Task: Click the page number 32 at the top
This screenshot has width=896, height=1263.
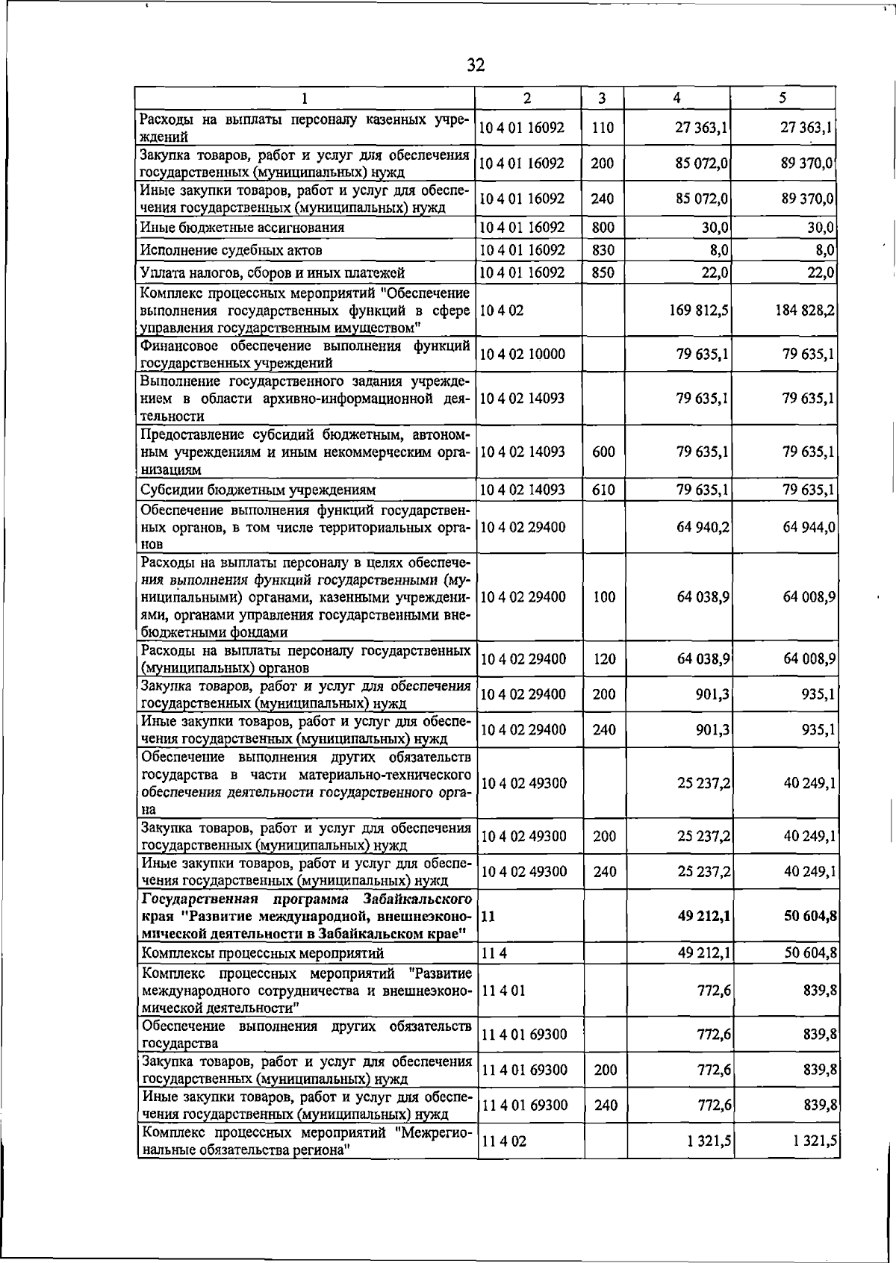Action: (x=476, y=66)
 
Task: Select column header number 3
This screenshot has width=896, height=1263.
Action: (x=602, y=98)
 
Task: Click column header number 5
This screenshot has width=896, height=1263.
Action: (x=782, y=98)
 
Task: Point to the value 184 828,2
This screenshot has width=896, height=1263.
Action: (x=804, y=310)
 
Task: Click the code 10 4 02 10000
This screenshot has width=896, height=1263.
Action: (x=522, y=354)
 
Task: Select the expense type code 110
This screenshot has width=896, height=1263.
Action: (x=602, y=128)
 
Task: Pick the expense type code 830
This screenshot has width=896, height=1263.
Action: (x=603, y=250)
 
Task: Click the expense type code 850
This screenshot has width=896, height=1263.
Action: (x=603, y=273)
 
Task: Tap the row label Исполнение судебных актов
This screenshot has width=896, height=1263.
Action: (x=232, y=251)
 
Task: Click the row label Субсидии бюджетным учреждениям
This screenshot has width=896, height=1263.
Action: (x=258, y=490)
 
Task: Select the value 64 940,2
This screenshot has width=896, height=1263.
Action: (x=703, y=527)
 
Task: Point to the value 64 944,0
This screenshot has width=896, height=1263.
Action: (x=809, y=527)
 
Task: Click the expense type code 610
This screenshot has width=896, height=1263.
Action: (x=603, y=490)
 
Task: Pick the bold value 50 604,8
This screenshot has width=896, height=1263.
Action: (x=809, y=916)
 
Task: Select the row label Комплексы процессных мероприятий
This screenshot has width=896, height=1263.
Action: (x=263, y=954)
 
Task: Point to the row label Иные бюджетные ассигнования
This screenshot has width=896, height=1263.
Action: (x=243, y=228)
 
